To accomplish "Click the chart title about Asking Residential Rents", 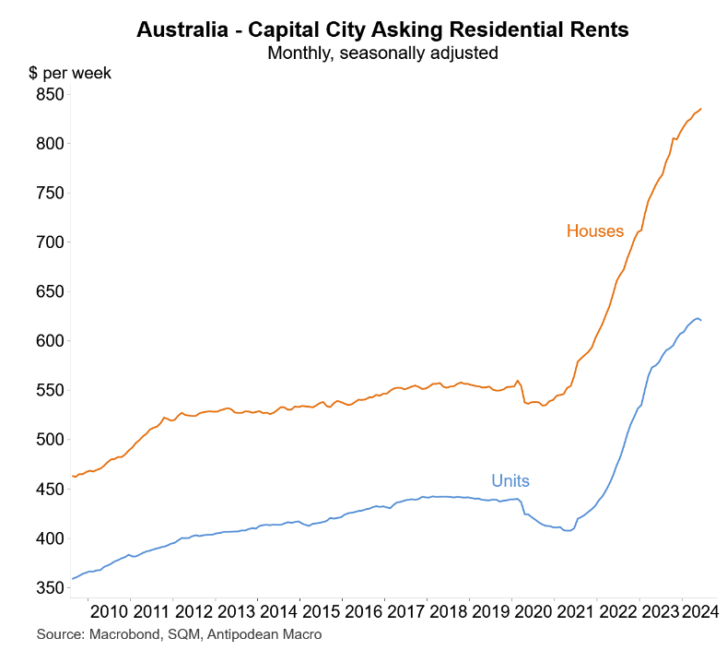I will pos(382,30).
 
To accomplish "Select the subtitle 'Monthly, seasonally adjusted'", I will pos(382,53).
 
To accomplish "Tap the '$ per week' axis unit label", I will pos(70,73).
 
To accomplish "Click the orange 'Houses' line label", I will pos(595,230).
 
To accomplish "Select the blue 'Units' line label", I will pos(510,480).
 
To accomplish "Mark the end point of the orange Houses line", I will pos(701,109).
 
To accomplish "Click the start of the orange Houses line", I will pos(72,476).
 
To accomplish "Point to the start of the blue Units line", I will pos(72,579).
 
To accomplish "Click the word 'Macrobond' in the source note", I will pos(120,634).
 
